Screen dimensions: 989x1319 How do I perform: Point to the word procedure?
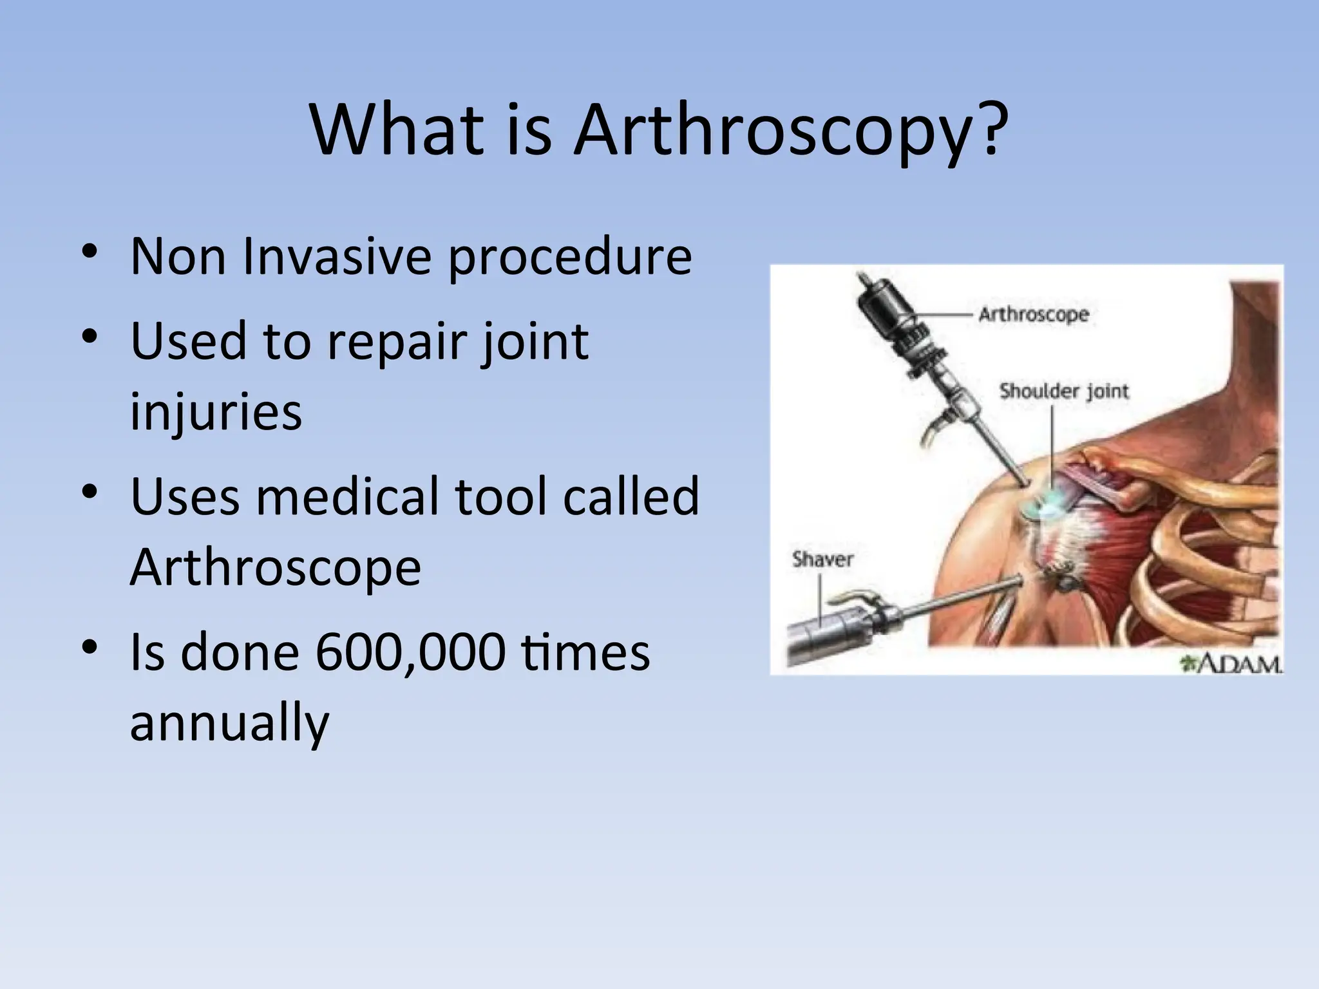coord(570,258)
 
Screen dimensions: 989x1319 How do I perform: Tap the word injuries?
coord(216,412)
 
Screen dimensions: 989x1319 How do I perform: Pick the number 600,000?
coord(410,652)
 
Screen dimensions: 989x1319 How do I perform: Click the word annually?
coord(229,723)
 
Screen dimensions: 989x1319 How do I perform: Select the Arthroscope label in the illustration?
coord(1033,314)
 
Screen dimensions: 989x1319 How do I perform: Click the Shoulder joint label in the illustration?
coord(1063,391)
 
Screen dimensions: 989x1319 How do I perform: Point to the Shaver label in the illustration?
coord(822,559)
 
